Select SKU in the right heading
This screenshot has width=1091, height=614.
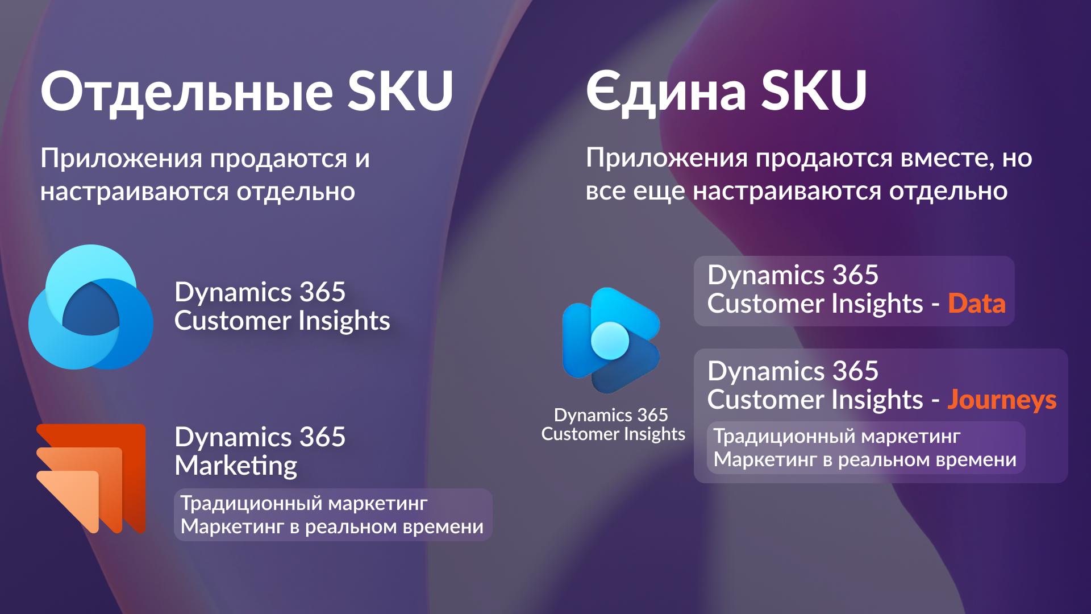pos(814,90)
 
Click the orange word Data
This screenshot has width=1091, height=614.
pos(977,303)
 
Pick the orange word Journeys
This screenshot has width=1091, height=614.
pos(1002,400)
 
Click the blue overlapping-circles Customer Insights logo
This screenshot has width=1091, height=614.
pos(91,307)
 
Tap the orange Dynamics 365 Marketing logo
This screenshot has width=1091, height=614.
pos(91,478)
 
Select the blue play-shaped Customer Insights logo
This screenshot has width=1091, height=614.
pos(611,340)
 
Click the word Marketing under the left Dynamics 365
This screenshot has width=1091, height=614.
pos(236,466)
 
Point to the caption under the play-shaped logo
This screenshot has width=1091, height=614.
pos(613,425)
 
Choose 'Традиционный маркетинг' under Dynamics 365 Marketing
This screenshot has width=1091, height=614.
pos(304,504)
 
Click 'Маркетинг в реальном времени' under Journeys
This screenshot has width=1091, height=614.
pos(865,459)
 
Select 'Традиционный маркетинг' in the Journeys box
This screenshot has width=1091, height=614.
pos(837,437)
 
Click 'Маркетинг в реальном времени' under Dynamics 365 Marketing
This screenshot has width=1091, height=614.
pos(332,526)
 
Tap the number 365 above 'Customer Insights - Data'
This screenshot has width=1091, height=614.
pos(855,275)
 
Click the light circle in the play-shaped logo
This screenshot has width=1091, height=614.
pos(610,341)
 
